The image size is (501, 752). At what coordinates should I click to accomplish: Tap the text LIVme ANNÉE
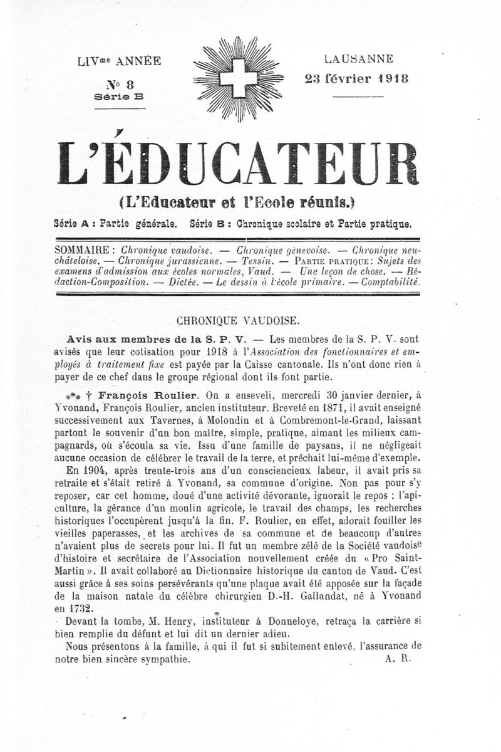119,61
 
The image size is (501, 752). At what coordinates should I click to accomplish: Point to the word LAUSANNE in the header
359,60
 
